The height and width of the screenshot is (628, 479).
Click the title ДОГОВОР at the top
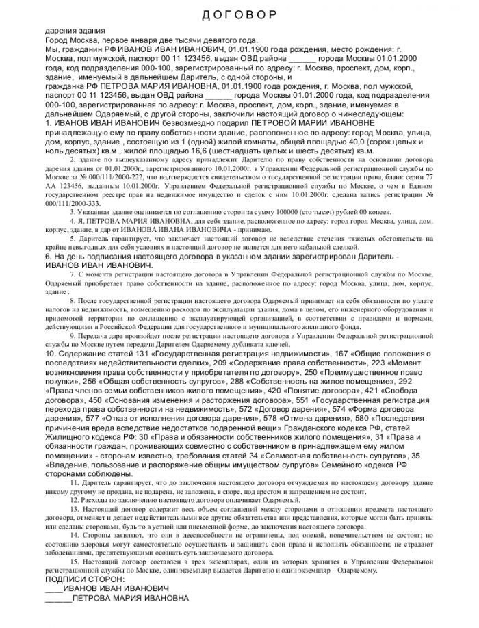click(x=239, y=15)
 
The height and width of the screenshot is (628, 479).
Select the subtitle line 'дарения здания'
click(x=75, y=31)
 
